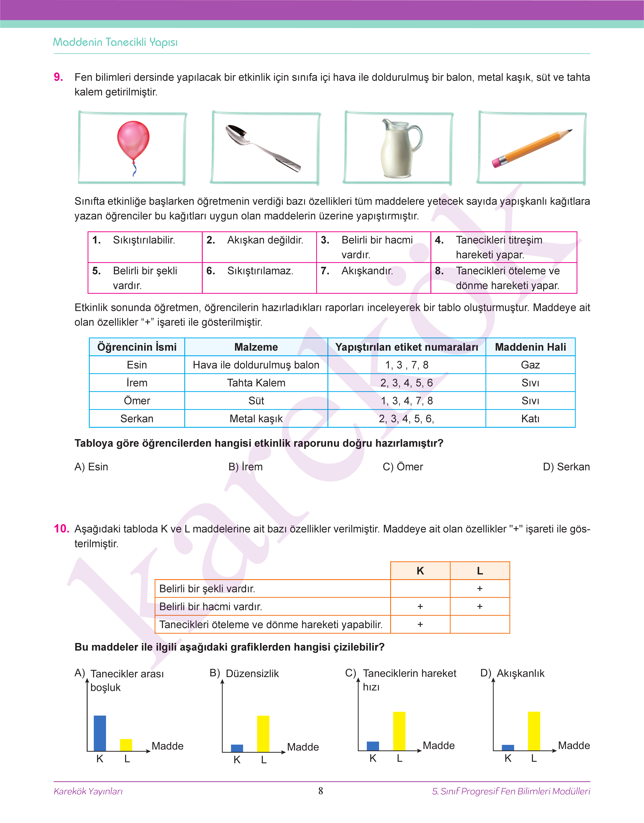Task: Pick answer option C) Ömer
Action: pyautogui.click(x=403, y=467)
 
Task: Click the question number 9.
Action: pyautogui.click(x=58, y=77)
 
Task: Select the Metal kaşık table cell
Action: pyautogui.click(x=256, y=418)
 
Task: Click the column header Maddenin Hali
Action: pyautogui.click(x=530, y=347)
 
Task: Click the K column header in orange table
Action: pyautogui.click(x=420, y=571)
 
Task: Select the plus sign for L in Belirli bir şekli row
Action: pyautogui.click(x=480, y=588)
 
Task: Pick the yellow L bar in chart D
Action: pyautogui.click(x=534, y=731)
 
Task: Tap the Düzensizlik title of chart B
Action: pyautogui.click(x=252, y=673)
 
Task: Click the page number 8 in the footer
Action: pyautogui.click(x=320, y=791)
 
